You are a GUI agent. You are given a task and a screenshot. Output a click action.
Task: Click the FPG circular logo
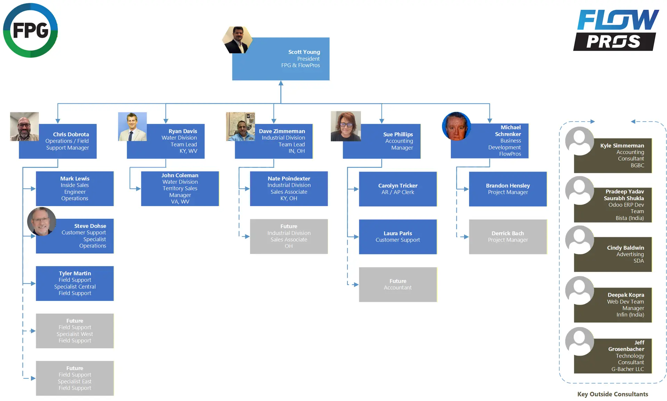coord(31,30)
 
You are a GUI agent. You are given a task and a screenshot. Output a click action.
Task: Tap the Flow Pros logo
coord(616,30)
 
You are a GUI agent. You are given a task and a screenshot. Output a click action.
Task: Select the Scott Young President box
coord(281,59)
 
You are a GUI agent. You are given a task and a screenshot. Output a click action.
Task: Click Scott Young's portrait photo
coord(238,40)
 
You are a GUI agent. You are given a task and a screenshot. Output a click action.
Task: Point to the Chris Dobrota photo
coord(24,127)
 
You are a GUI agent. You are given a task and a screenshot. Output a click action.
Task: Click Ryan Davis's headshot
coord(132,127)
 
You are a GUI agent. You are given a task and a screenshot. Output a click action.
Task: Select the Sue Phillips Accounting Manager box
coord(381,141)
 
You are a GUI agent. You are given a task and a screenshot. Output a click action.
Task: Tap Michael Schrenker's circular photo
coord(456,126)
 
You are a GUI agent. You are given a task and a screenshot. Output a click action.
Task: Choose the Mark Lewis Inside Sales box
coord(75,188)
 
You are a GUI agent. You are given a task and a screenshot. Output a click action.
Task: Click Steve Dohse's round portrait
coord(42,222)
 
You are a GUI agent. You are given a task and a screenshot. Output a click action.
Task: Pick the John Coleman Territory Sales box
coord(180,188)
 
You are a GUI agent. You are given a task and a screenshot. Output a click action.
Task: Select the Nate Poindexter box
coord(289,188)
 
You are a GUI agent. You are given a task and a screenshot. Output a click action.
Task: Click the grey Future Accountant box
coord(398,284)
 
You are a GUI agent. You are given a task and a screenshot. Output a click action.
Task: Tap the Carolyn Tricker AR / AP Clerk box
coord(398,189)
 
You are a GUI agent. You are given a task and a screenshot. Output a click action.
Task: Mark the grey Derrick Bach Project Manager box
coord(508,237)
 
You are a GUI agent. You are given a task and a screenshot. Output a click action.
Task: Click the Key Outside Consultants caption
coord(612,394)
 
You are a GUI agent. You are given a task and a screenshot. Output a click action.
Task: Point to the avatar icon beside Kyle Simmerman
coord(579,141)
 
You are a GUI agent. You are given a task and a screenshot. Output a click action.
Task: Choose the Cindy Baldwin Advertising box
coord(613,254)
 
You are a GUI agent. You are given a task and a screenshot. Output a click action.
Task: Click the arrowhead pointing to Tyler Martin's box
coord(33,283)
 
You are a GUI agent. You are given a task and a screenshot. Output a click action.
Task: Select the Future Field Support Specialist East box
coord(75,378)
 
